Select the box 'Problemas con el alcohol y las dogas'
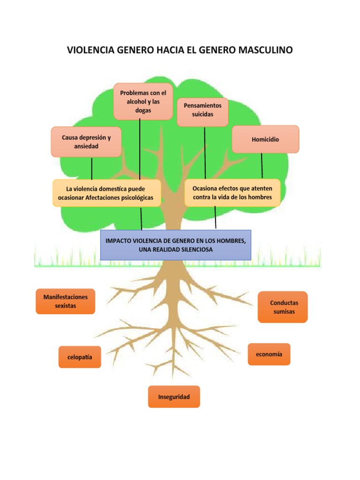click(143, 102)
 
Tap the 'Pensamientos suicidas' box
click(202, 112)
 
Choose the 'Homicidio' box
click(265, 139)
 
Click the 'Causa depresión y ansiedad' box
click(86, 142)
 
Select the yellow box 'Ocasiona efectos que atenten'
click(232, 193)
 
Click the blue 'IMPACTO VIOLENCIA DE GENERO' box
click(176, 245)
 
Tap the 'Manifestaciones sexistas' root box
click(66, 301)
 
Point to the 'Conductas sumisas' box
click(283, 307)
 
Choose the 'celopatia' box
click(80, 357)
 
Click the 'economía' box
click(269, 354)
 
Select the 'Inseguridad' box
click(174, 397)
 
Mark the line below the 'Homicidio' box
click(262, 165)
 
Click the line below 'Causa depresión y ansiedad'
click(92, 168)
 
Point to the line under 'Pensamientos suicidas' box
click(205, 152)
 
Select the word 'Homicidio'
click(265, 139)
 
